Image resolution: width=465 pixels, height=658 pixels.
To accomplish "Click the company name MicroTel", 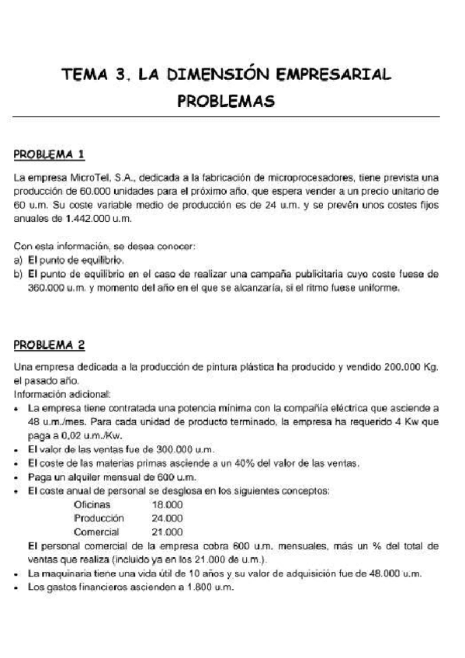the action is [81, 178].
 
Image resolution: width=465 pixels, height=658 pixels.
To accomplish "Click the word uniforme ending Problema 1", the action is [377, 289].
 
